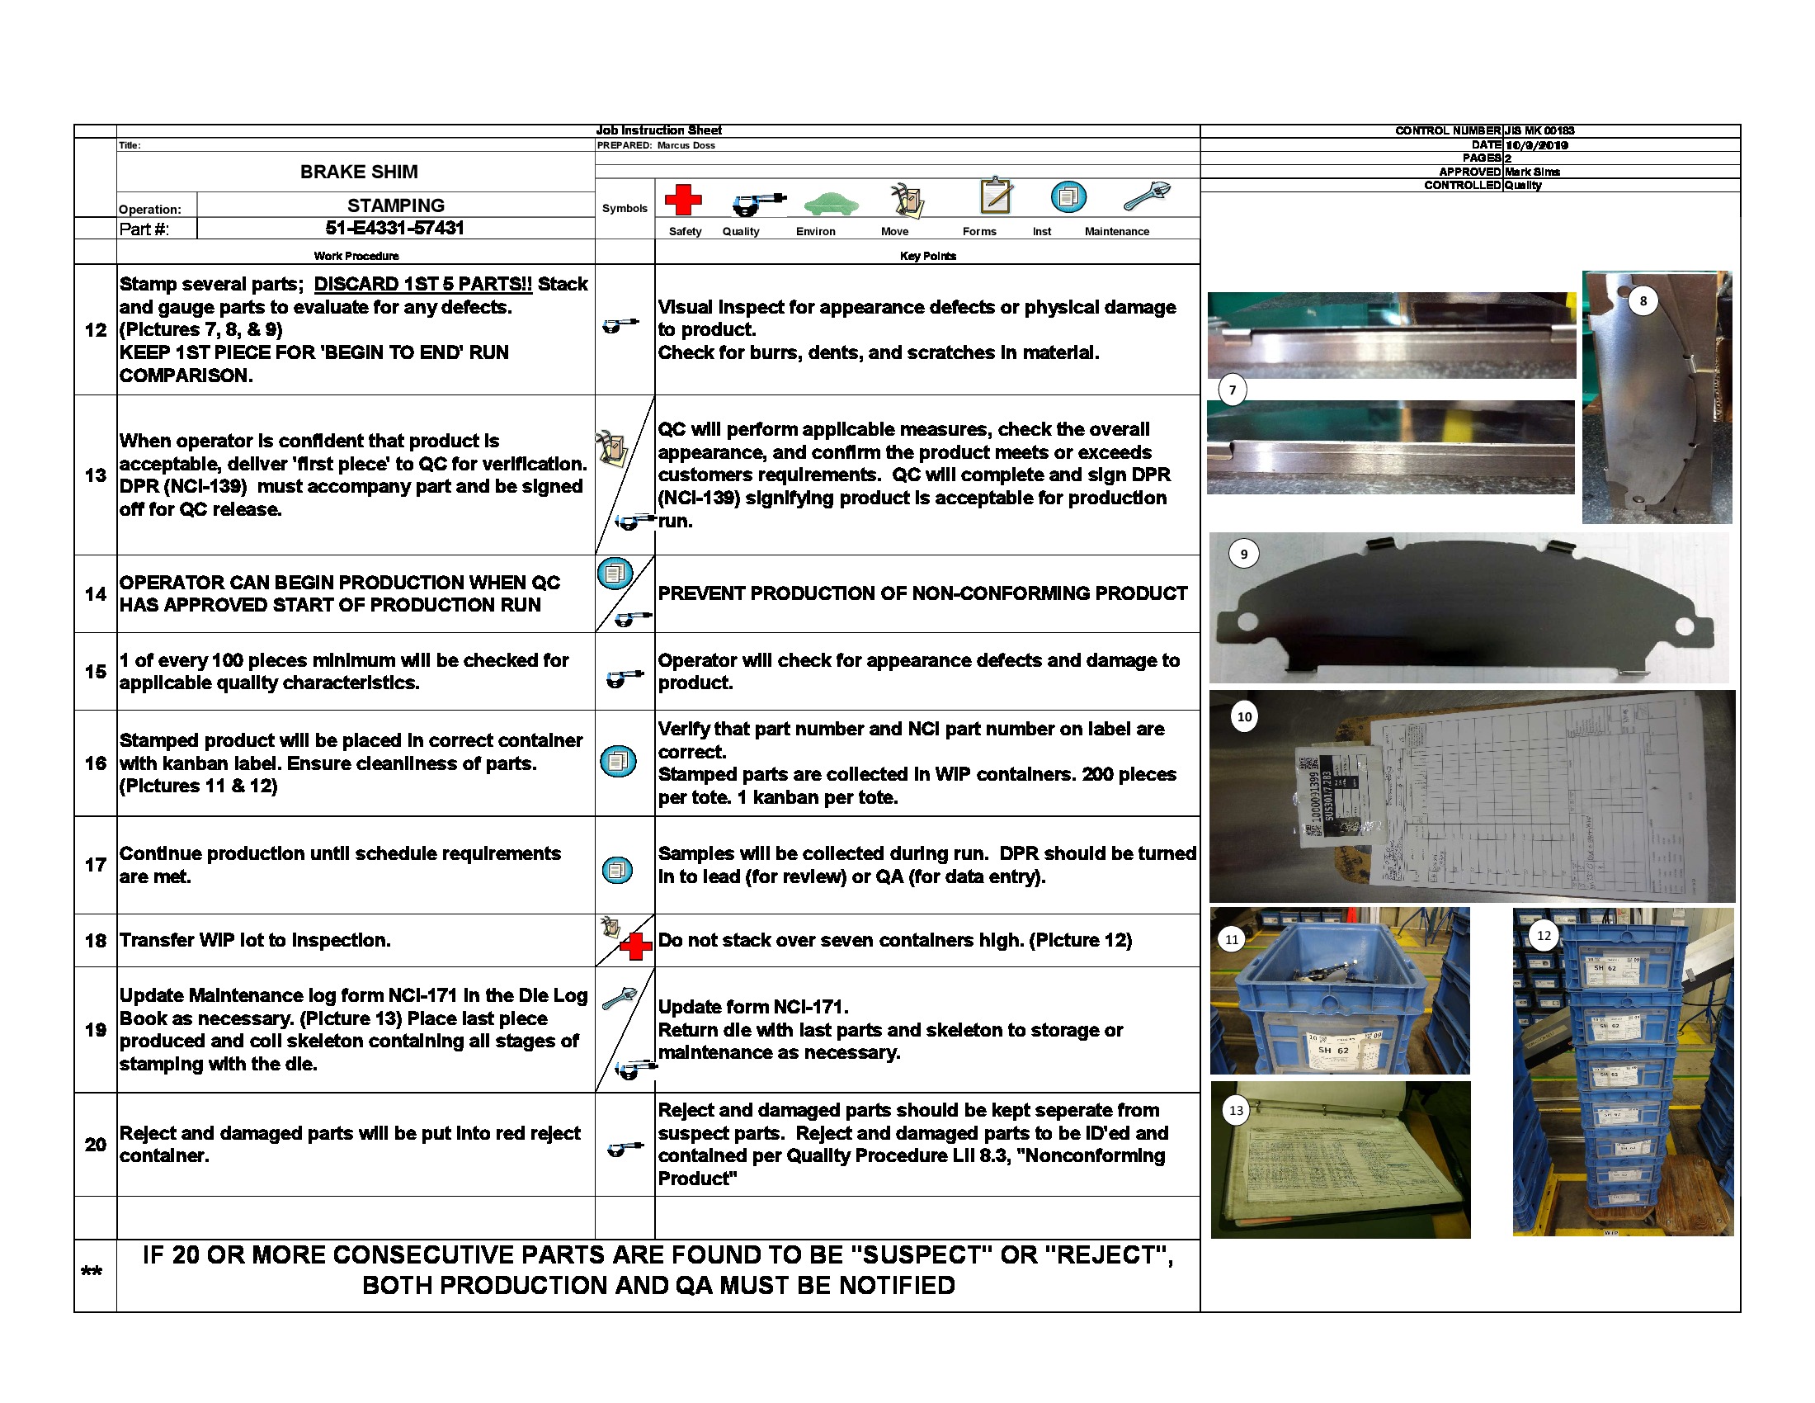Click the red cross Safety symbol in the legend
682,201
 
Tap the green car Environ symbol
830,203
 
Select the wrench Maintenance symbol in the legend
1146,196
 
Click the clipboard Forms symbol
996,196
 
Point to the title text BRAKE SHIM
359,172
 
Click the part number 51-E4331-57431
394,228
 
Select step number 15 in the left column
96,672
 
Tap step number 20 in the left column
96,1145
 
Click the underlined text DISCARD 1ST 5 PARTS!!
422,284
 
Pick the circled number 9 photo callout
1243,555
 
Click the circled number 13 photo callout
1236,1110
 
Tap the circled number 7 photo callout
1233,390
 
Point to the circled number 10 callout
1244,716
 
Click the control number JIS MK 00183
1539,130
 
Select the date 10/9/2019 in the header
1537,145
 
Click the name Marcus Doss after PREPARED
686,145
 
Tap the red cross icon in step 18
636,947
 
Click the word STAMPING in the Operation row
395,205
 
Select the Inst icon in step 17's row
617,870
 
